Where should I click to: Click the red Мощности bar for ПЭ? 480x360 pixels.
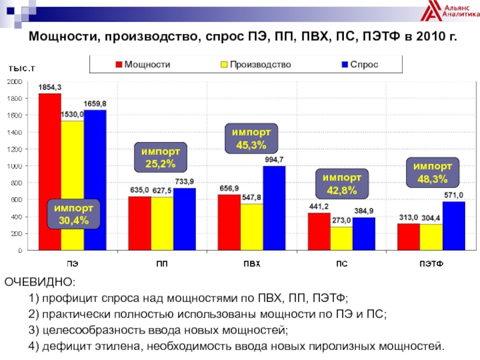[50, 144]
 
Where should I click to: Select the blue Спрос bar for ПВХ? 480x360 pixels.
[274, 208]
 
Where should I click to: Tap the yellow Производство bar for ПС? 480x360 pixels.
[341, 238]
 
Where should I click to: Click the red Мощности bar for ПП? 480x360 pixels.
[139, 223]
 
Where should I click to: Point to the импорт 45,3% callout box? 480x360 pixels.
[251, 138]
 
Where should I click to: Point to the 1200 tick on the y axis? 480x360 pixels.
[16, 149]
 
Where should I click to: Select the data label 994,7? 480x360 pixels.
[274, 159]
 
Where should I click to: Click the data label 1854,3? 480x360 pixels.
[50, 87]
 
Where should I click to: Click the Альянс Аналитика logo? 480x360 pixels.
[448, 13]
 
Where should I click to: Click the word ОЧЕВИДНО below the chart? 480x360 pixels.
[41, 282]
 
